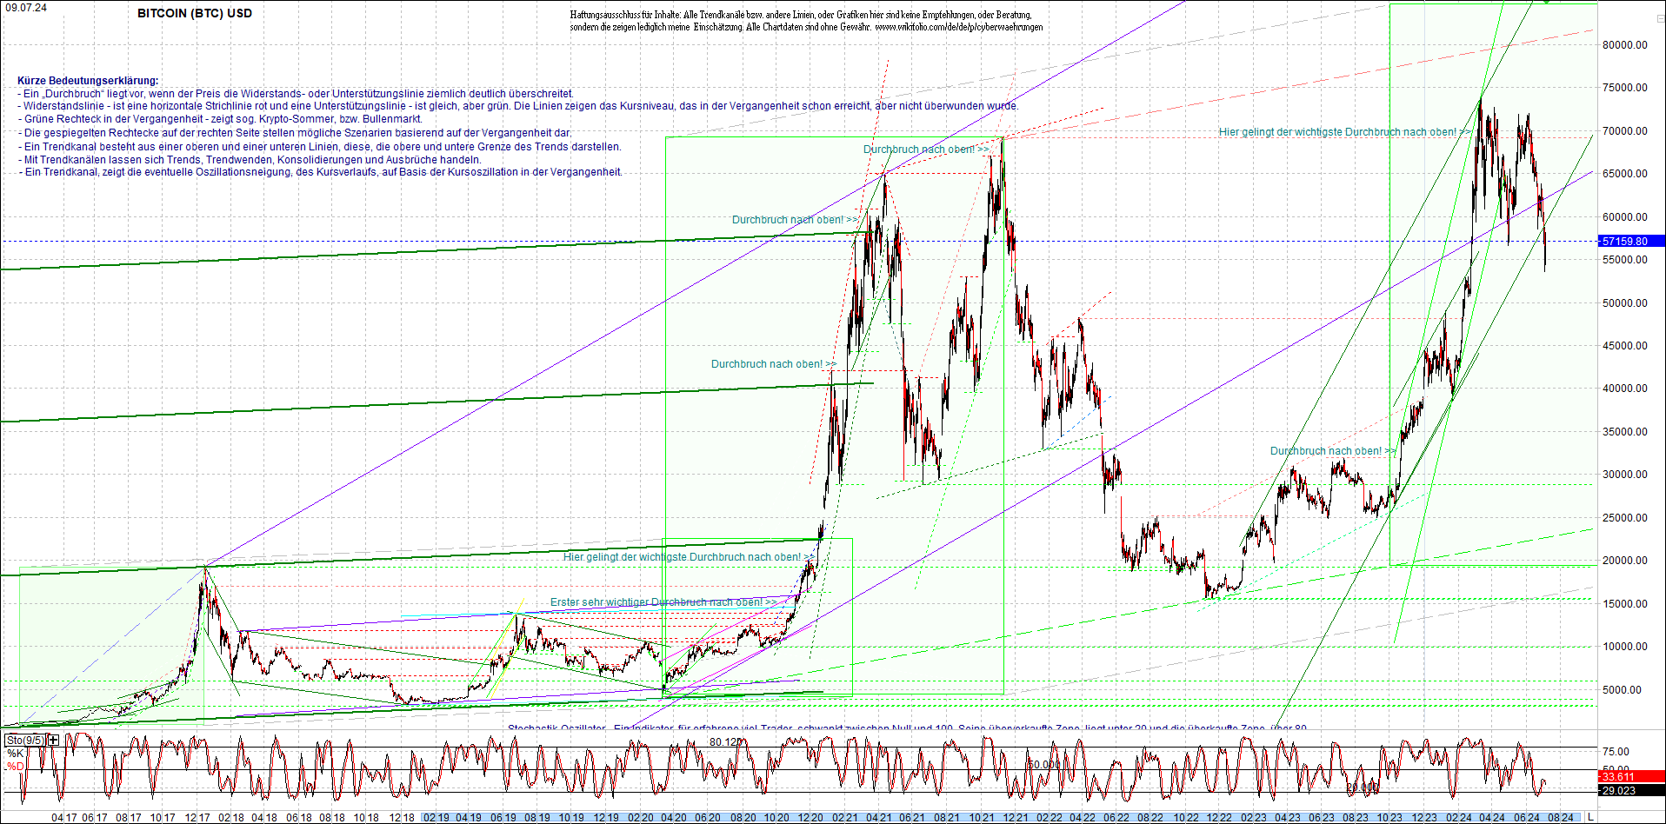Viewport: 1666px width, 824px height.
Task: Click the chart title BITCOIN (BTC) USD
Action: click(195, 13)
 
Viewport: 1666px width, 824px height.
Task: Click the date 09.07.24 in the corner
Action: click(25, 7)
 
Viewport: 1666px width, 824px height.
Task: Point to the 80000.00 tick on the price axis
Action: click(1625, 45)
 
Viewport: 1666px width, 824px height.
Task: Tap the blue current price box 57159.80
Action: click(1623, 242)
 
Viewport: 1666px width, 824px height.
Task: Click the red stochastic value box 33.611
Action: click(1618, 777)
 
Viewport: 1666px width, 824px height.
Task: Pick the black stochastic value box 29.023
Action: click(1618, 791)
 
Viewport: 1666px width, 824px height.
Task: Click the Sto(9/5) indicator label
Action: click(25, 741)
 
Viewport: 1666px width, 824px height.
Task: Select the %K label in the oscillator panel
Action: click(15, 754)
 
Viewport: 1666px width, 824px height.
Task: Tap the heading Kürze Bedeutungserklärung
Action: click(88, 80)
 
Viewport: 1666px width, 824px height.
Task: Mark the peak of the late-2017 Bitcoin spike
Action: click(205, 568)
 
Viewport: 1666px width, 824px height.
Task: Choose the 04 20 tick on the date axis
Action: click(673, 818)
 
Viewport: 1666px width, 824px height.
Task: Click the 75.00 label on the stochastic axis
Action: click(1616, 752)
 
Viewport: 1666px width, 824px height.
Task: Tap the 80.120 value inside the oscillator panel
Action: click(726, 742)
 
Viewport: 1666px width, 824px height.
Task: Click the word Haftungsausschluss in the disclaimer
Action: click(601, 15)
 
